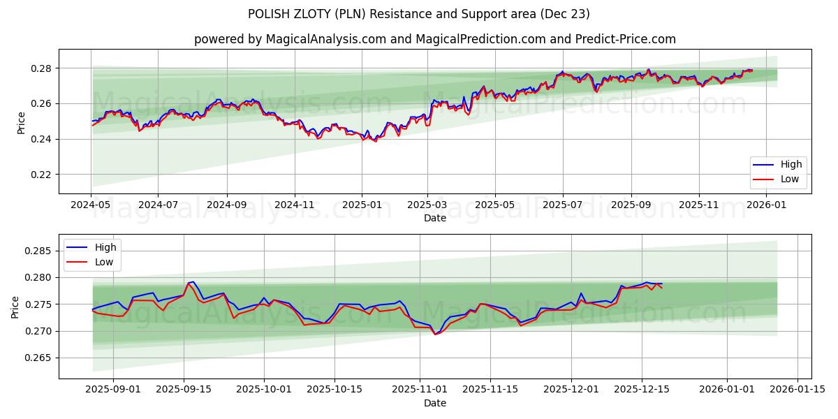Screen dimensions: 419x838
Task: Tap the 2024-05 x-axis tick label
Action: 91,205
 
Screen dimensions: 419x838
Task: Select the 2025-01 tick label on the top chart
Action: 362,205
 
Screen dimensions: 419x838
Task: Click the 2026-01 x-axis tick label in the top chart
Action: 767,205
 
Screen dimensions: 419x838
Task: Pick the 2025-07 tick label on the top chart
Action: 563,205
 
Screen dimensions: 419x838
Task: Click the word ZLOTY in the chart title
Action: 306,14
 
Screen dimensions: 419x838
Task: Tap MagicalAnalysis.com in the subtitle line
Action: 325,39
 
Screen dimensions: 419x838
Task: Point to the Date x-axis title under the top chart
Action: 434,218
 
